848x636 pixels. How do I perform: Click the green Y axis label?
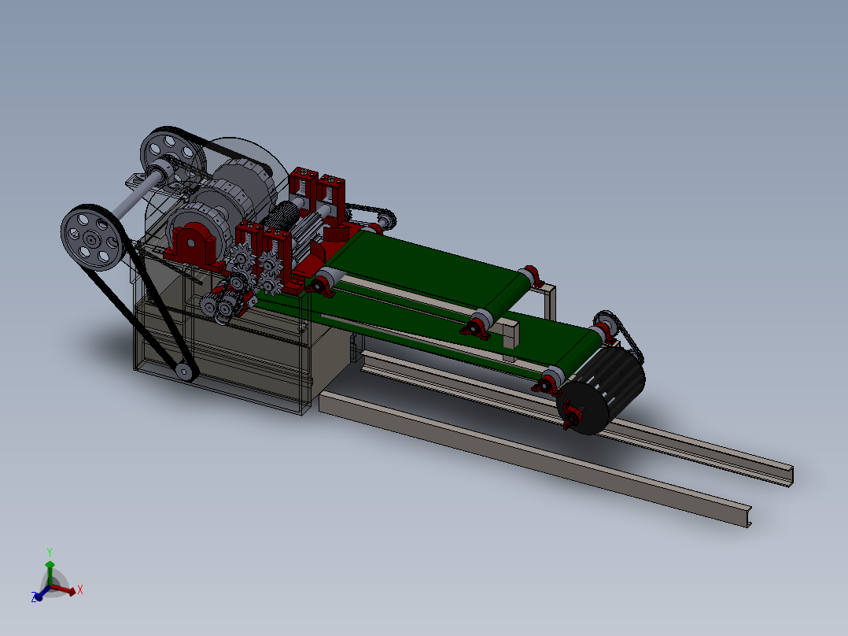point(50,552)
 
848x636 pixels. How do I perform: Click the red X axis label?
point(80,590)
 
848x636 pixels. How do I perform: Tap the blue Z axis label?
point(34,597)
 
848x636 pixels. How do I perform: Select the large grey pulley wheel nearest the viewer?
point(91,238)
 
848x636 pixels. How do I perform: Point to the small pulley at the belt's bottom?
point(184,372)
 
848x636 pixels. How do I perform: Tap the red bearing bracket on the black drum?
point(571,415)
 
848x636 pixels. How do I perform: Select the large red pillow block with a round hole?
point(193,245)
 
